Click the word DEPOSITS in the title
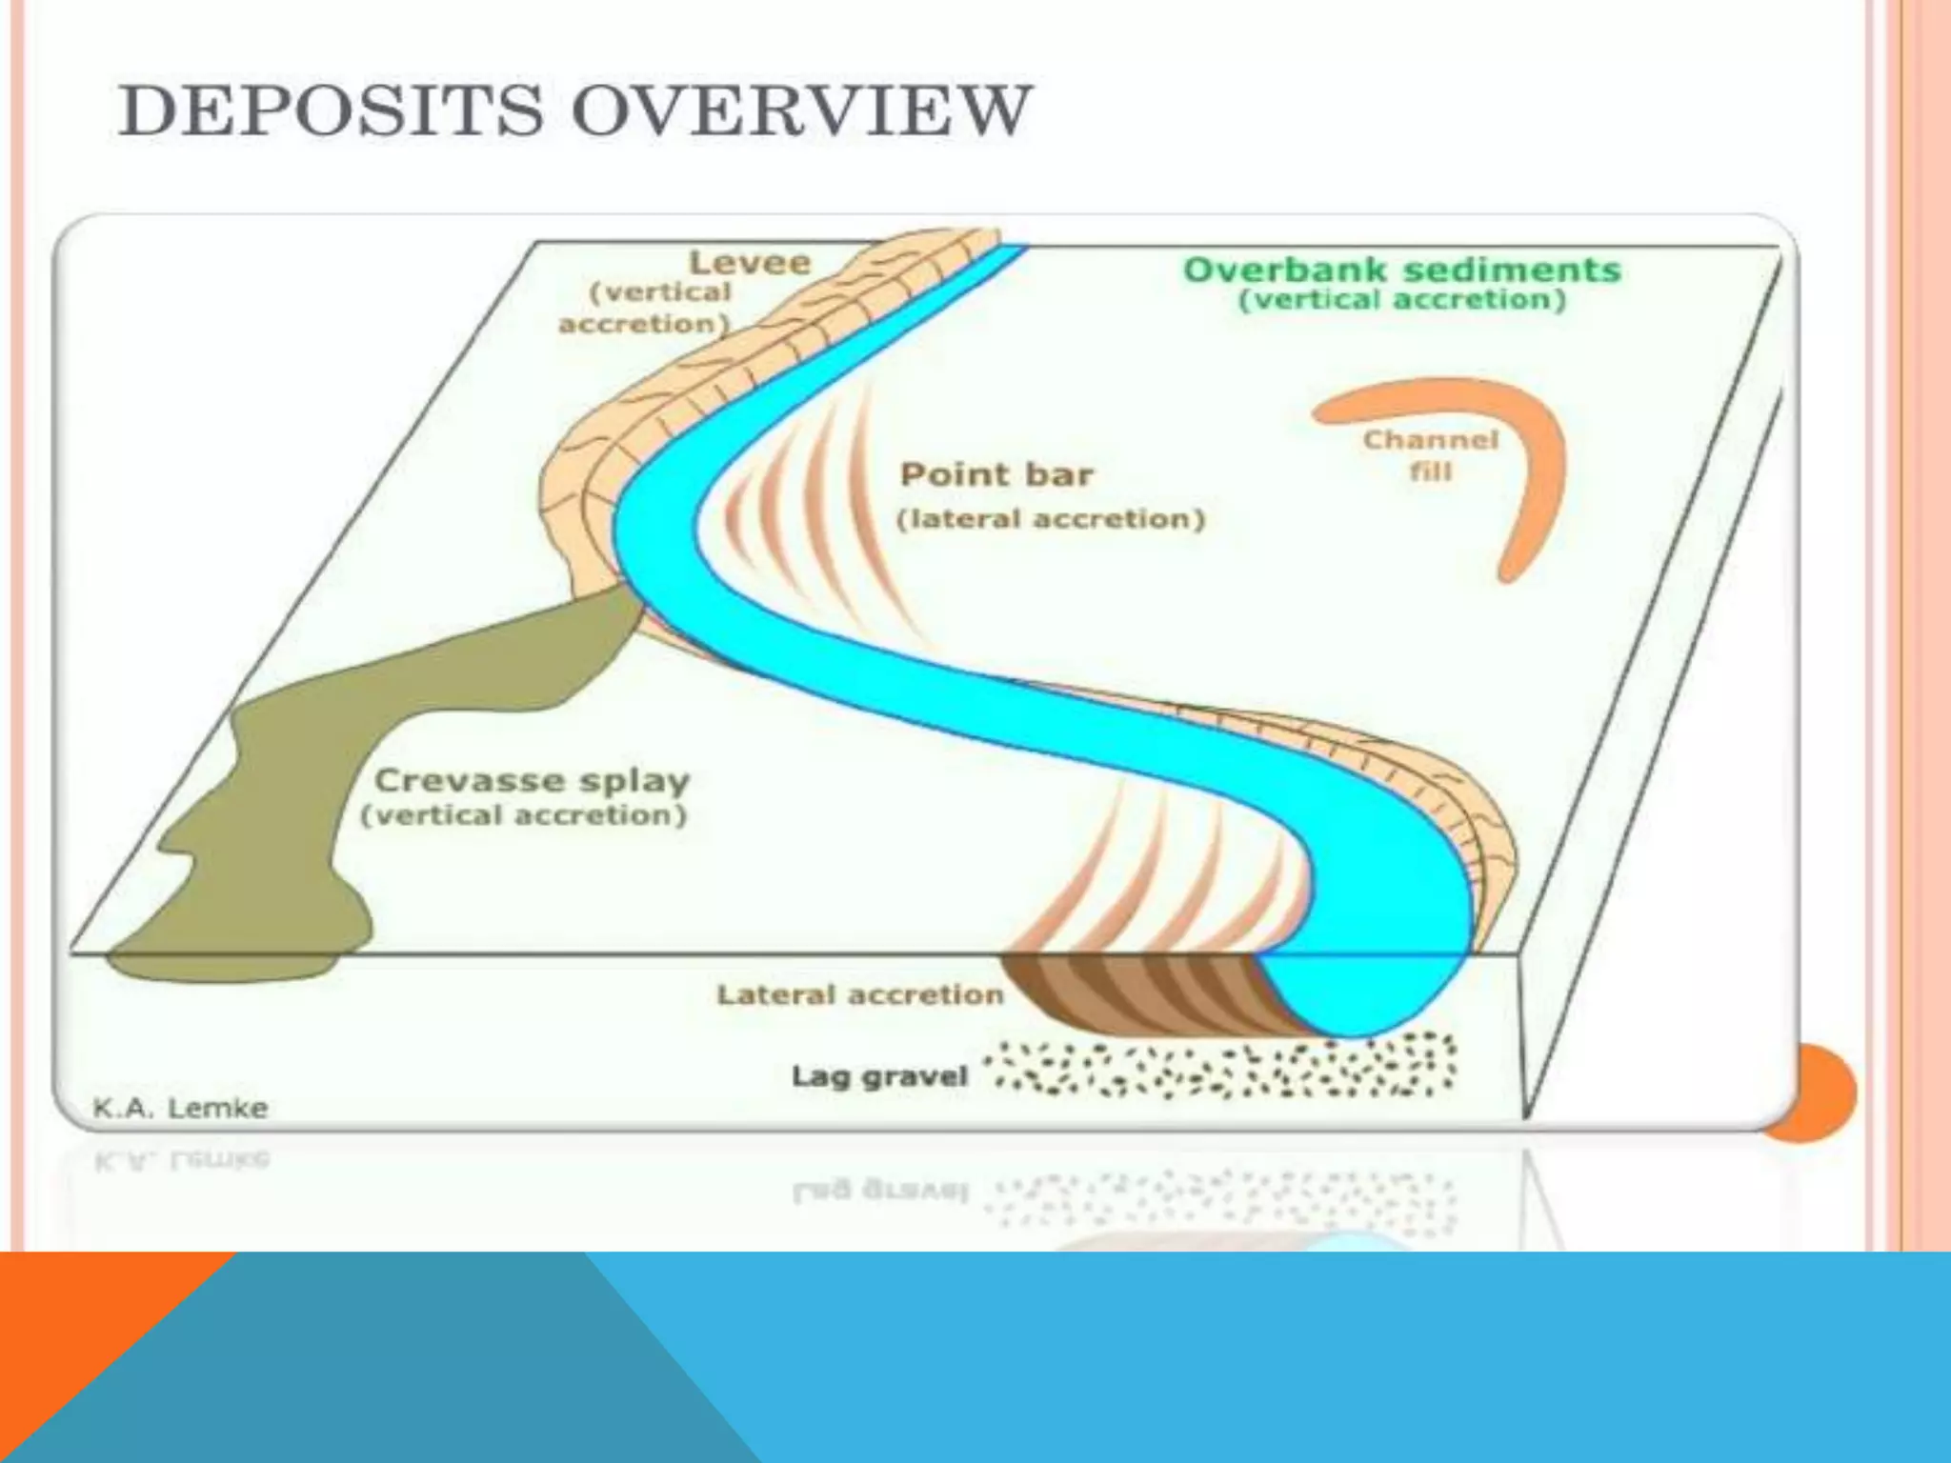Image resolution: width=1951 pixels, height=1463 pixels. [330, 111]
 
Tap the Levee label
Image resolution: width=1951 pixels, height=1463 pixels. [750, 263]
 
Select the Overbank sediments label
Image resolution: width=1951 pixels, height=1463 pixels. [1401, 271]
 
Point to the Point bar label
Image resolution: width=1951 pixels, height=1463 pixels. [996, 474]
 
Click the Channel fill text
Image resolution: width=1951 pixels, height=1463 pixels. [1430, 455]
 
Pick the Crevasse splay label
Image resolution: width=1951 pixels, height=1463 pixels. [532, 781]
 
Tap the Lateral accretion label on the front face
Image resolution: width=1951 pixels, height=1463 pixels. [860, 995]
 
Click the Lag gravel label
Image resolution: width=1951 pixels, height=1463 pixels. [879, 1077]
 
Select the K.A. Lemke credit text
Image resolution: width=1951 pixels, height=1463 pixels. [180, 1109]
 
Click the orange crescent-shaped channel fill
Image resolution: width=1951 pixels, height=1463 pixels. [1524, 457]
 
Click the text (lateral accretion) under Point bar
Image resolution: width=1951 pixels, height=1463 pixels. [1051, 519]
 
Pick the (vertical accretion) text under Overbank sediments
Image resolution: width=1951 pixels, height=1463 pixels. [1401, 301]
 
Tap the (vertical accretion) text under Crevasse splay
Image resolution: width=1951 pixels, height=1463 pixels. [523, 816]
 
